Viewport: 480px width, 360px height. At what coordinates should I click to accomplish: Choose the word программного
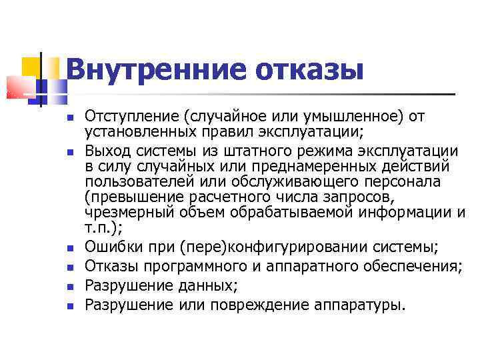[189, 267]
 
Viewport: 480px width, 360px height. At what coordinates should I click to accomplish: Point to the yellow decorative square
[31, 66]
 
